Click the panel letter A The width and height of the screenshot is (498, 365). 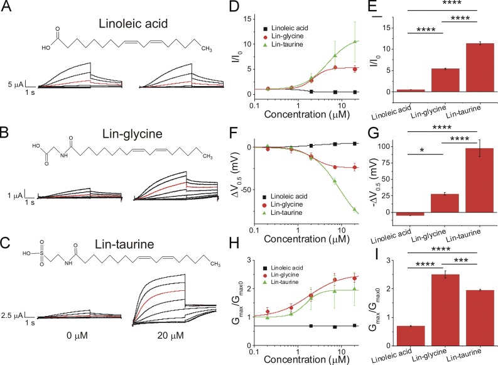click(7, 7)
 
